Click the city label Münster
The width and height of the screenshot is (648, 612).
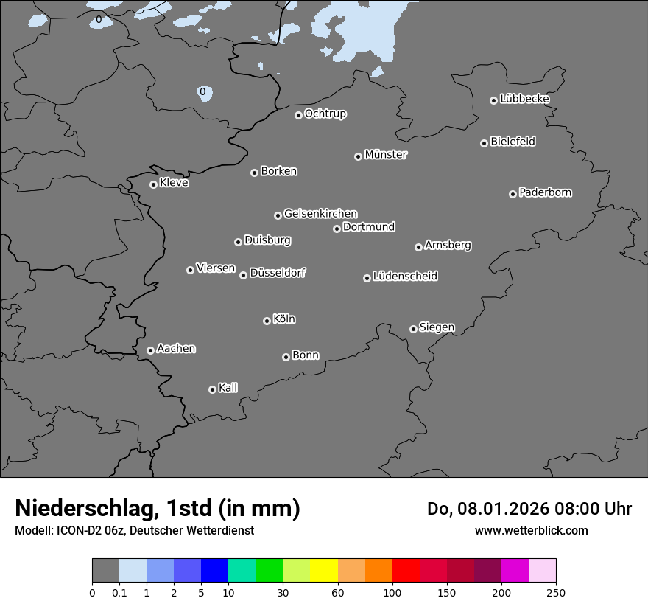coord(386,155)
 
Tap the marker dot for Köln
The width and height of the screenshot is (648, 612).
coord(267,321)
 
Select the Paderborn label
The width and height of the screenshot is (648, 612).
coord(545,192)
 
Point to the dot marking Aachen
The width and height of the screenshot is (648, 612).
coord(150,350)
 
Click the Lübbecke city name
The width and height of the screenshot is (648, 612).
coord(524,99)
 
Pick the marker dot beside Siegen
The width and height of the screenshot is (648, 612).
coord(413,329)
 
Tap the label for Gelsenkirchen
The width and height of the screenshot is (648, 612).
coord(320,214)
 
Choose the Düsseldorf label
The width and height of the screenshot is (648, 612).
coord(278,273)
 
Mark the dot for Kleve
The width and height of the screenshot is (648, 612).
coord(153,184)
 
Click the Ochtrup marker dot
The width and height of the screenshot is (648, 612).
coord(298,115)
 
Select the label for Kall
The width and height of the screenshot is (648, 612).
coord(228,388)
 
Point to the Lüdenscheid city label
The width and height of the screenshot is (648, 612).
coord(405,277)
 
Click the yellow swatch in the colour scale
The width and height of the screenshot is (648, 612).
coord(324,571)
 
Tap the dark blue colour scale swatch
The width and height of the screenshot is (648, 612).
coord(214,571)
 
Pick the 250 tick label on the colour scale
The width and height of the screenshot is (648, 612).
coord(556,592)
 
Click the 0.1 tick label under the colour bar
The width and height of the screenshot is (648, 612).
coord(119,592)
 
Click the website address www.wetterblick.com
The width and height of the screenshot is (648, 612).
coord(532,530)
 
